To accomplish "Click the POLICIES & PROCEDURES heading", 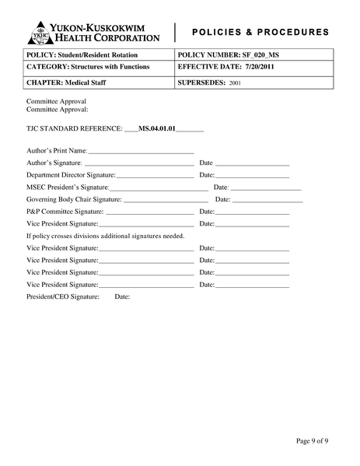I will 260,32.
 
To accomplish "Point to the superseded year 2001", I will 235,82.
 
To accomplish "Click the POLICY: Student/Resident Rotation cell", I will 82,55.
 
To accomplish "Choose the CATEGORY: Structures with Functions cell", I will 88,68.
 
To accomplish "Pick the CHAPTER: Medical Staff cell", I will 68,81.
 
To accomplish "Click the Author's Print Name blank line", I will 141,152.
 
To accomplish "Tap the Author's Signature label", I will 54,163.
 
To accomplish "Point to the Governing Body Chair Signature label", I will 74,199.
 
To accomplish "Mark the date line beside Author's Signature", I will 252,164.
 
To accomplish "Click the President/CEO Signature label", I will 63,296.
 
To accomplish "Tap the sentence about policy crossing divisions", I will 106,236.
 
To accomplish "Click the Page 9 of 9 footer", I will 313,441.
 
